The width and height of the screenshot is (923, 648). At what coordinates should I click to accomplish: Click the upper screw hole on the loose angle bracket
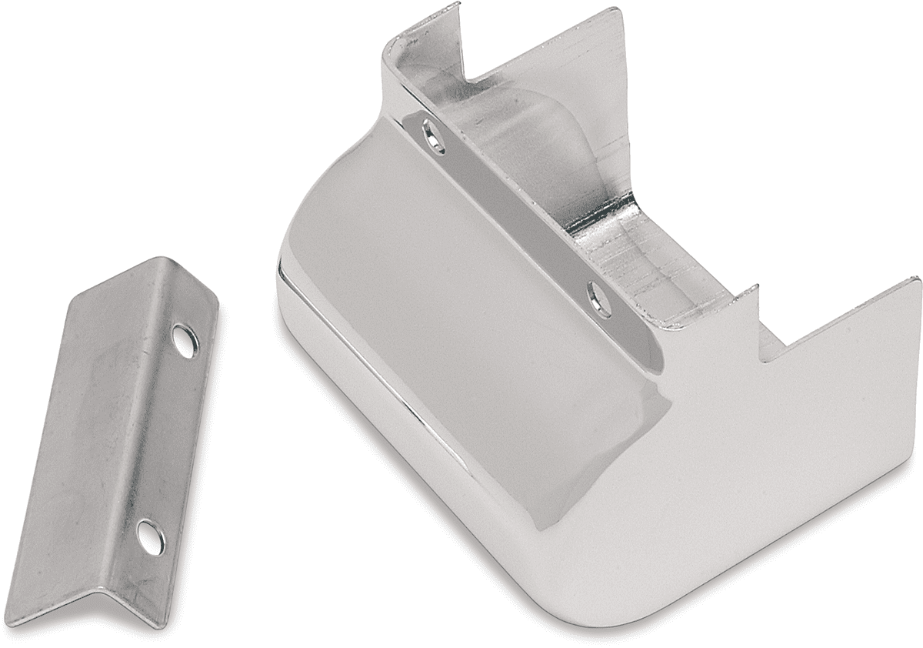pyautogui.click(x=185, y=341)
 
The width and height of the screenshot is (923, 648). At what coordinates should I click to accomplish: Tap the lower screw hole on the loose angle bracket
pyautogui.click(x=150, y=536)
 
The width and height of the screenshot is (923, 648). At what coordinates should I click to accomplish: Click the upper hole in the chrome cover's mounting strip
pyautogui.click(x=434, y=136)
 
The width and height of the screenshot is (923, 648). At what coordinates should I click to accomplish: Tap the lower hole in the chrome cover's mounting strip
pyautogui.click(x=599, y=299)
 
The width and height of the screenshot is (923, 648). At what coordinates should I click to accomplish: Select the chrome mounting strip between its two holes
pyautogui.click(x=515, y=215)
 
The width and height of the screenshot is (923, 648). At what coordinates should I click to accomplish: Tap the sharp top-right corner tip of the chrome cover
pyautogui.click(x=917, y=281)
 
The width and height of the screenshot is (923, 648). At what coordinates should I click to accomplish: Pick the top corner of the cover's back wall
pyautogui.click(x=615, y=11)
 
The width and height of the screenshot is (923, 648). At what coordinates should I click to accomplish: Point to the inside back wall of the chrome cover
pyautogui.click(x=554, y=100)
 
